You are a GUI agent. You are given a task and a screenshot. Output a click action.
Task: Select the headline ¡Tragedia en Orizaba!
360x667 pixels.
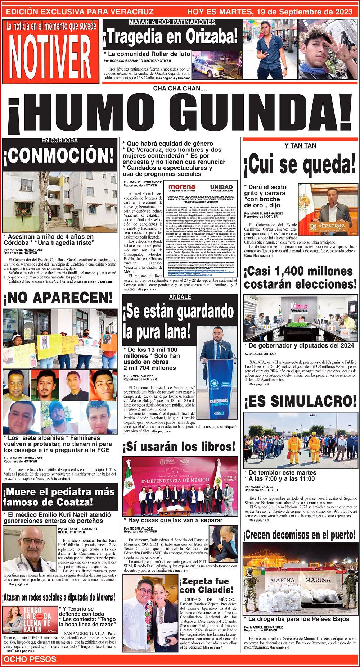coord(171,37)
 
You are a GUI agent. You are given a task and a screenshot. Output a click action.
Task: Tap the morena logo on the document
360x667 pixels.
coord(182,187)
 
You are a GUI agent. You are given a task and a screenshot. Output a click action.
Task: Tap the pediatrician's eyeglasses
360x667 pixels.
coord(32,542)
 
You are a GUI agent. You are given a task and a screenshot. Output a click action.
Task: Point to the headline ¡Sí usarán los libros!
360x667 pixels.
coord(179,447)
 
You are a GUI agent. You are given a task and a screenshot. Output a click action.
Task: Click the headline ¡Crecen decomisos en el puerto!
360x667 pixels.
coord(300,535)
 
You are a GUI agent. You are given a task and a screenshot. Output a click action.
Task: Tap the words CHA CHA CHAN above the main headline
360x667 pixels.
coord(180,88)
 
